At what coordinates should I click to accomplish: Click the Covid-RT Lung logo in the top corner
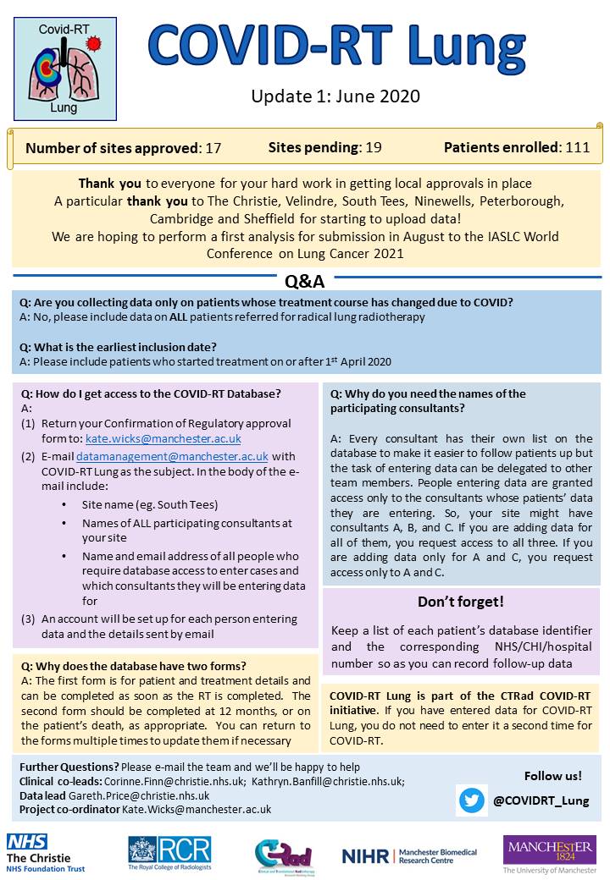64,69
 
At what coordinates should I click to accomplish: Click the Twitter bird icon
472,800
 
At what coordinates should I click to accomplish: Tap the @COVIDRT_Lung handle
541,800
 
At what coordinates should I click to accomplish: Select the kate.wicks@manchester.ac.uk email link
164,438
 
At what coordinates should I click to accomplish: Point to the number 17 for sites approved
213,147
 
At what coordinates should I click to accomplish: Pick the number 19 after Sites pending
373,147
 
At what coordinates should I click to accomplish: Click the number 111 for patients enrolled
577,147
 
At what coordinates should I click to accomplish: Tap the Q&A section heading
305,280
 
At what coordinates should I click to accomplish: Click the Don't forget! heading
461,602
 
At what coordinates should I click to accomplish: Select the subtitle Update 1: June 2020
335,96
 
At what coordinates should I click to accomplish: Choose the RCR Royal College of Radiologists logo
169,852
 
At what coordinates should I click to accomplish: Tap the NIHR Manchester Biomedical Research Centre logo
409,855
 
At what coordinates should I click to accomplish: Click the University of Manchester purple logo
548,853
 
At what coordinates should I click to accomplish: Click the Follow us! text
552,775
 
